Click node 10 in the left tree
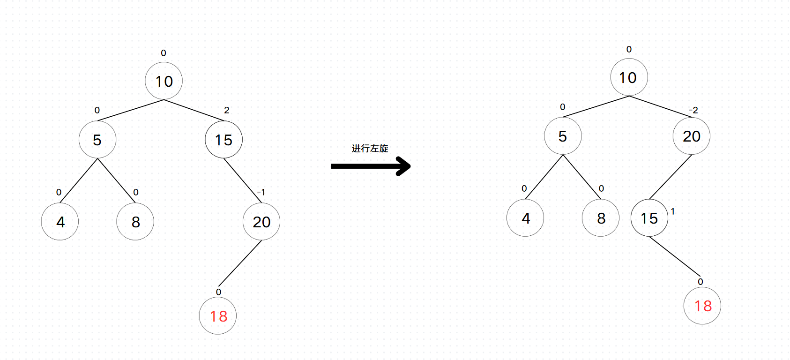click(164, 81)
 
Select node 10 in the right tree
click(629, 77)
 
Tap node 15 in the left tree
click(224, 140)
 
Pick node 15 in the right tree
click(649, 218)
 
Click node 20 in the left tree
click(261, 222)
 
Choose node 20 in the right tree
click(691, 136)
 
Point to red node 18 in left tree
click(218, 316)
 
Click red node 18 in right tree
click(702, 306)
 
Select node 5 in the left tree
click(97, 140)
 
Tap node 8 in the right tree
click(601, 218)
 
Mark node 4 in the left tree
click(60, 222)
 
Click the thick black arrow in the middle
click(370, 166)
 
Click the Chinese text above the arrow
click(370, 149)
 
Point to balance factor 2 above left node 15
click(227, 110)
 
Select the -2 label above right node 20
click(693, 110)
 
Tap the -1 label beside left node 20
click(261, 192)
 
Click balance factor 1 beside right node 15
click(673, 211)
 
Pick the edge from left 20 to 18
click(239, 263)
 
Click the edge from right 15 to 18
click(675, 256)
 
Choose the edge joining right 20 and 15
click(671, 177)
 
